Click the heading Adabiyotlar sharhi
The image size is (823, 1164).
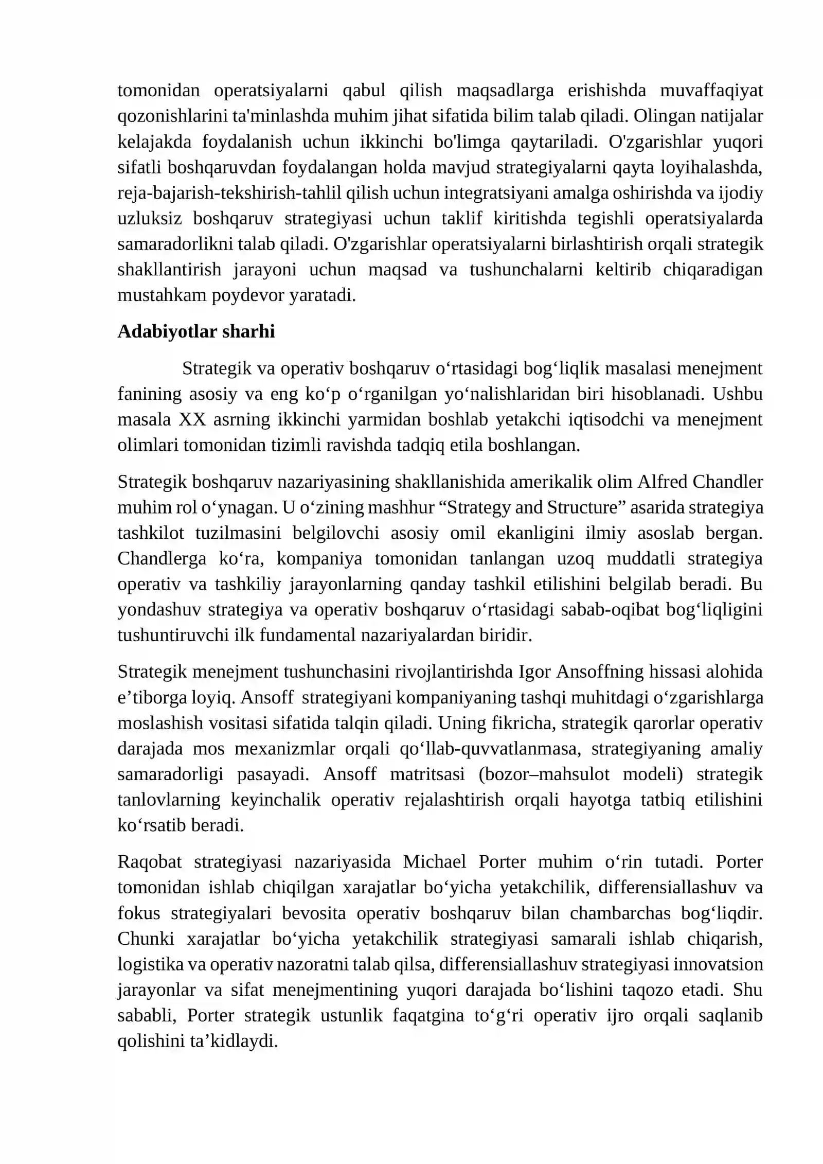(196, 331)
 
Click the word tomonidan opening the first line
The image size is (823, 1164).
(158, 91)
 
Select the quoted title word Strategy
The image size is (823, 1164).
(477, 508)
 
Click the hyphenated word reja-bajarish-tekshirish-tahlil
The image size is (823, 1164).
(229, 193)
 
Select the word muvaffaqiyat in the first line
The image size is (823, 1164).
(711, 91)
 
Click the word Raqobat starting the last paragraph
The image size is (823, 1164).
(149, 862)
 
